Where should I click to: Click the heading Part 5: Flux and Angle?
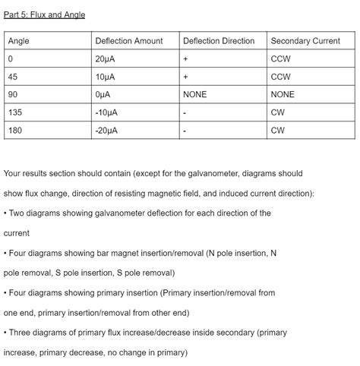click(44, 14)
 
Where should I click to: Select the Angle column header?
click(19, 41)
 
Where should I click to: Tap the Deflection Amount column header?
click(128, 41)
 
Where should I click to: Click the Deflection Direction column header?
click(219, 41)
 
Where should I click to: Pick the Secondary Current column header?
click(305, 41)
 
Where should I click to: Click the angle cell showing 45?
click(13, 77)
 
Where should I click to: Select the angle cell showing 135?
click(15, 112)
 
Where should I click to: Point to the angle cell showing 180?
click(15, 131)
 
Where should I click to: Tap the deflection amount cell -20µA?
click(107, 131)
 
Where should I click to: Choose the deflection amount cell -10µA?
click(107, 112)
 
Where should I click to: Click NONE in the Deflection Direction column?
click(195, 95)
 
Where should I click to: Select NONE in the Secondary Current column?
click(283, 95)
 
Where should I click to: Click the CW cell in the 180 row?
click(278, 131)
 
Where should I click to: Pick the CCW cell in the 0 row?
click(280, 59)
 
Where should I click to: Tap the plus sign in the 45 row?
click(185, 77)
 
